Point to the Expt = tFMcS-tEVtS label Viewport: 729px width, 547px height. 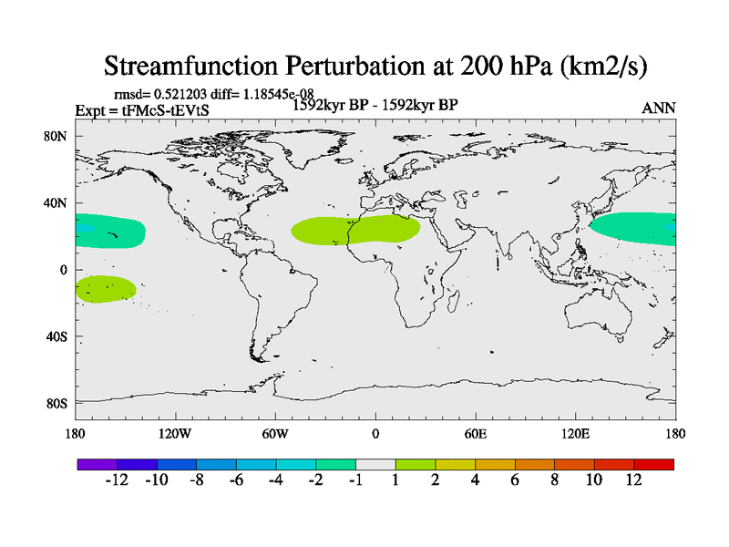pos(138,109)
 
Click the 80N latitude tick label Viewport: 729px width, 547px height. pos(57,136)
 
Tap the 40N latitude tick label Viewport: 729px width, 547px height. pos(57,202)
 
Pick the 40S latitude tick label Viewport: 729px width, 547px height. pos(57,336)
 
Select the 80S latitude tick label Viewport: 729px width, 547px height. pos(57,403)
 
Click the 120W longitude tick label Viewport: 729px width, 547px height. pos(175,433)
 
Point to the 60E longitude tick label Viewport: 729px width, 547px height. pos(476,433)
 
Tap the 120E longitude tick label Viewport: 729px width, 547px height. pos(576,433)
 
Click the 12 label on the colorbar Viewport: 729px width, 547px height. pos(634,480)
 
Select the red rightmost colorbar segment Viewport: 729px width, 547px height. pos(654,464)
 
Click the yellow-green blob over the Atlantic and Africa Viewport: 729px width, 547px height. pos(355,230)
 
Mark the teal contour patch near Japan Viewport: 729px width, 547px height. pos(633,228)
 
